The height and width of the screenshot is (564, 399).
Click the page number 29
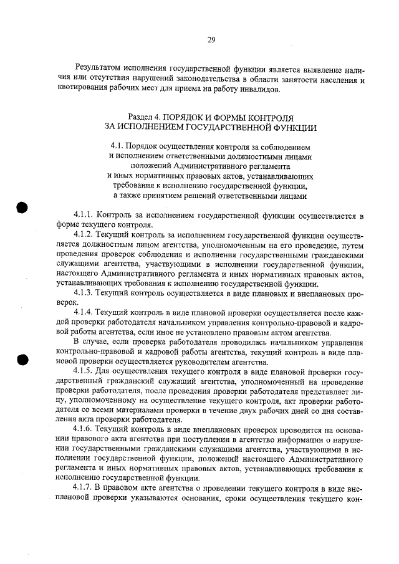click(x=211, y=40)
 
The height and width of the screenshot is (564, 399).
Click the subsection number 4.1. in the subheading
click(x=118, y=146)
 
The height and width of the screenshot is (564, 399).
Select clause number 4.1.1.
click(x=85, y=216)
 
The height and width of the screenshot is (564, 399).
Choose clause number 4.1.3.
click(x=85, y=292)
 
